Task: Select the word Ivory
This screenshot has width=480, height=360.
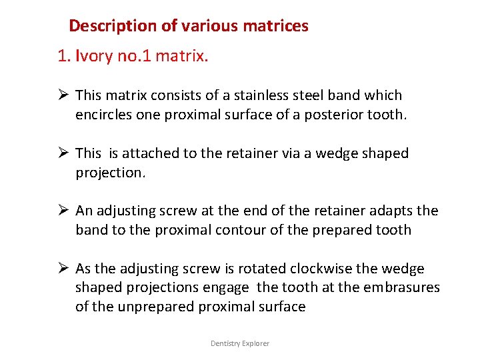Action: point(95,56)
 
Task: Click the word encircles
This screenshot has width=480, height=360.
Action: point(105,114)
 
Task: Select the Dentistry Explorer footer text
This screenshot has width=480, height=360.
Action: point(240,343)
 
